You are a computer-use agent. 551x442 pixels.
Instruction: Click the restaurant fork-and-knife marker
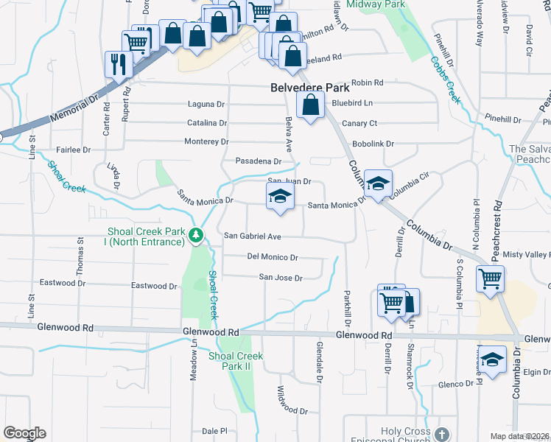coord(118,63)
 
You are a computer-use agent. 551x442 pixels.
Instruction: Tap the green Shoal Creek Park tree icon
coord(195,236)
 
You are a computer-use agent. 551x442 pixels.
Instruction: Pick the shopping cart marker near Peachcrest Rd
coord(490,279)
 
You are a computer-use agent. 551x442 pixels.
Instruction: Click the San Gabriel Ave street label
coord(253,236)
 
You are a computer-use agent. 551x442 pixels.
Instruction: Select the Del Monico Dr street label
coord(273,258)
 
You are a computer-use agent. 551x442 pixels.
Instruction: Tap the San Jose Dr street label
coord(281,278)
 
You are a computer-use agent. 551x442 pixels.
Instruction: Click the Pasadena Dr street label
coord(259,161)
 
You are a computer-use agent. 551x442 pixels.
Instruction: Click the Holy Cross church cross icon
coord(441,435)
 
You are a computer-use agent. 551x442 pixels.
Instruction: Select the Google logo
coord(24,433)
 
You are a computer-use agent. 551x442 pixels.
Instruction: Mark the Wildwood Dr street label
coord(292,400)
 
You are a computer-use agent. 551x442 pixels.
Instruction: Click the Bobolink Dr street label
coord(373,144)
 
